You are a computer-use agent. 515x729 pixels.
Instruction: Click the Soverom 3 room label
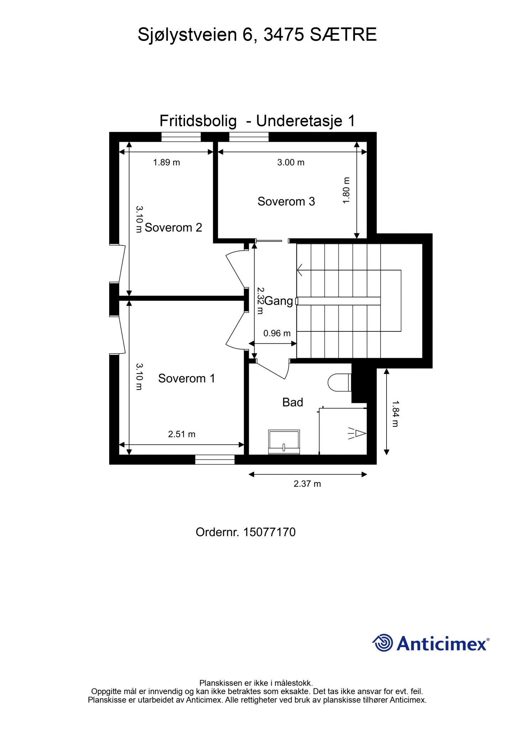[x=286, y=201]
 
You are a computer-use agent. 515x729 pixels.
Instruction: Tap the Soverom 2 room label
[x=173, y=227]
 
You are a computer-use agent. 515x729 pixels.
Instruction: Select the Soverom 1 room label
[x=186, y=378]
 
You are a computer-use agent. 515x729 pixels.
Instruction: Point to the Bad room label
[x=293, y=402]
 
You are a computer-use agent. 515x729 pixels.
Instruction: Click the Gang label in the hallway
[x=279, y=301]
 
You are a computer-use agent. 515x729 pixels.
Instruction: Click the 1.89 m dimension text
[x=167, y=163]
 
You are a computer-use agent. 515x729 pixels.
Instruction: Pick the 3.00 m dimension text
[x=291, y=163]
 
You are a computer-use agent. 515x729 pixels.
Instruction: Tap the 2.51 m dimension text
[x=182, y=434]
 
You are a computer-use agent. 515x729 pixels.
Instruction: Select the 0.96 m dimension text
[x=277, y=334]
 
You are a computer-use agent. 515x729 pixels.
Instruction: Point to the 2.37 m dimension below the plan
[x=307, y=484]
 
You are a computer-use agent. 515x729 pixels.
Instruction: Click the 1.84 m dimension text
[x=395, y=414]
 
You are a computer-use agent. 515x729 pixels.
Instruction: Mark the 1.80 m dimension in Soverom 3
[x=346, y=190]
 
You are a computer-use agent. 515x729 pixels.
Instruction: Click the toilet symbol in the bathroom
[x=340, y=383]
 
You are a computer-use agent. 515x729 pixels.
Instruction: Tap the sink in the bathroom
[x=284, y=442]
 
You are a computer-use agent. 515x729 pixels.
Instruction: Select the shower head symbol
[x=357, y=434]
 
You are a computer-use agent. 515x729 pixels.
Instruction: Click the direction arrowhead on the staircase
[x=300, y=270]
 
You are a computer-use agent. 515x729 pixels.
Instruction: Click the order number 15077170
[x=269, y=533]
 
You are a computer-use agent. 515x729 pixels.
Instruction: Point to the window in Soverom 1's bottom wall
[x=215, y=460]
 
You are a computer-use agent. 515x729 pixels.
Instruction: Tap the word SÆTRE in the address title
[x=343, y=35]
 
